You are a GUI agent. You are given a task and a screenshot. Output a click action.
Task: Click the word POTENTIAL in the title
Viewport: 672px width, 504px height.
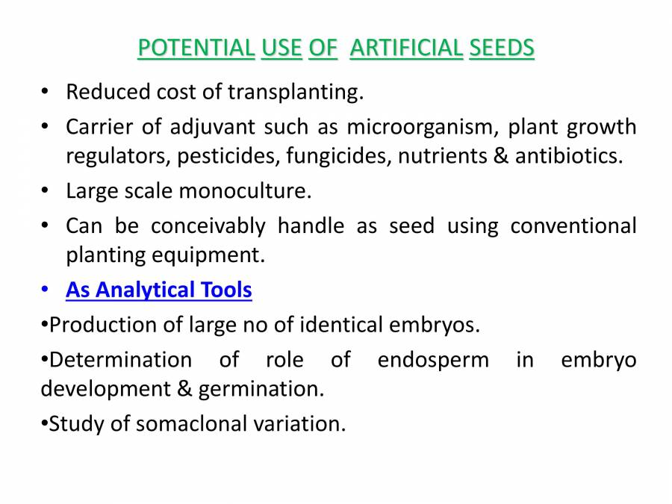point(196,49)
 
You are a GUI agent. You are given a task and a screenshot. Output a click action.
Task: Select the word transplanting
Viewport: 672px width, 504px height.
point(295,93)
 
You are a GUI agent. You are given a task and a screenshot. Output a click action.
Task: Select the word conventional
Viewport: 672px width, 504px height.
point(573,225)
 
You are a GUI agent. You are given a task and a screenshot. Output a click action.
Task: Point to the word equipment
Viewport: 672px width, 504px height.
point(217,255)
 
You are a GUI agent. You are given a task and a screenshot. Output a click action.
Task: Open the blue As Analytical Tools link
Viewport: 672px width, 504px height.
point(159,290)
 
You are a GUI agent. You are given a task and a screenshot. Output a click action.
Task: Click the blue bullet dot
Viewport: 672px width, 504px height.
point(46,290)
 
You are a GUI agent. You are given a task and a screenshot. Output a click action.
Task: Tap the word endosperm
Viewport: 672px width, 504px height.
point(433,360)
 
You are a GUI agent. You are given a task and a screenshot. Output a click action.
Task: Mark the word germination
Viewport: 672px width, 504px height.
point(273,389)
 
